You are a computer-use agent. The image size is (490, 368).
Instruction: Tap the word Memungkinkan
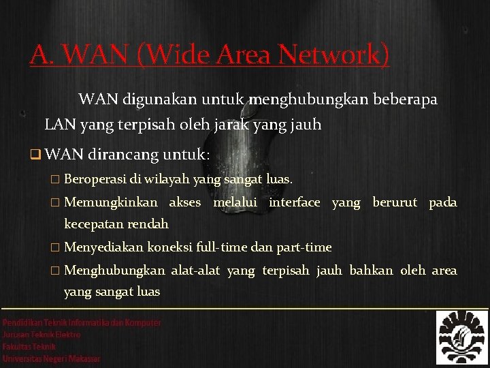click(111, 202)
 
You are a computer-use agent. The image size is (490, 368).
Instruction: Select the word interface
click(294, 202)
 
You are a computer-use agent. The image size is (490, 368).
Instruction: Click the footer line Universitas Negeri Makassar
click(52, 358)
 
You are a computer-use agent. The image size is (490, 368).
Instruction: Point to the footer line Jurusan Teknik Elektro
click(42, 335)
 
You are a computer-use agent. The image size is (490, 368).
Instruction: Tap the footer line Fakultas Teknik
click(30, 346)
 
